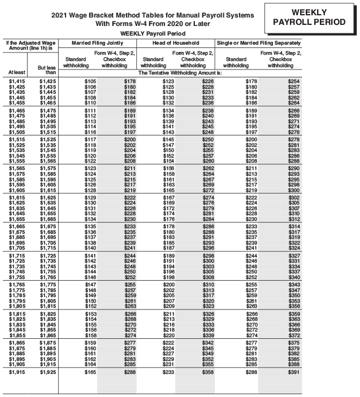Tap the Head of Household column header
[176, 43]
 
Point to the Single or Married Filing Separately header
[258, 43]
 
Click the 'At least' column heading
[16, 72]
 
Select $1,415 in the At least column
[17, 82]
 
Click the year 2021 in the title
[59, 15]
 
